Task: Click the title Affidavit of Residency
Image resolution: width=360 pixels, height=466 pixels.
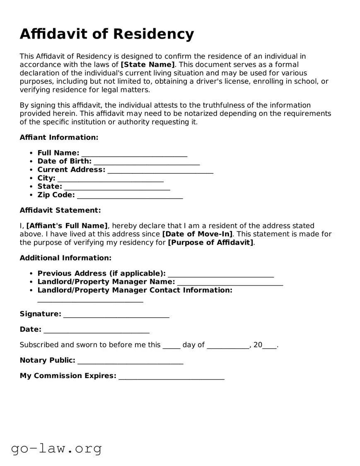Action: click(x=106, y=34)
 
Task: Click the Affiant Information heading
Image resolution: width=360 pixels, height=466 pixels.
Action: click(x=59, y=137)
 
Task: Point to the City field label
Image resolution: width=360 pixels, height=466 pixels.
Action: click(x=46, y=178)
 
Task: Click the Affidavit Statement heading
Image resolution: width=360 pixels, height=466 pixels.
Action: click(x=60, y=210)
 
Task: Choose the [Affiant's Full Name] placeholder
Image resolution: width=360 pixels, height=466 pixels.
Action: click(x=67, y=226)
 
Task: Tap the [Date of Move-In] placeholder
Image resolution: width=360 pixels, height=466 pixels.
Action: click(x=197, y=234)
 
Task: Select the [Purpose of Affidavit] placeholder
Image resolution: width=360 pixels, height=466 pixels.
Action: click(x=210, y=243)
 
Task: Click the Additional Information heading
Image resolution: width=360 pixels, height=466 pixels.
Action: click(x=65, y=258)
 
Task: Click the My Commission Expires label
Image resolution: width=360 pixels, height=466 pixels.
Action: click(x=68, y=376)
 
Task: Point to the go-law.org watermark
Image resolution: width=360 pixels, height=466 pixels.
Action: click(x=56, y=448)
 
